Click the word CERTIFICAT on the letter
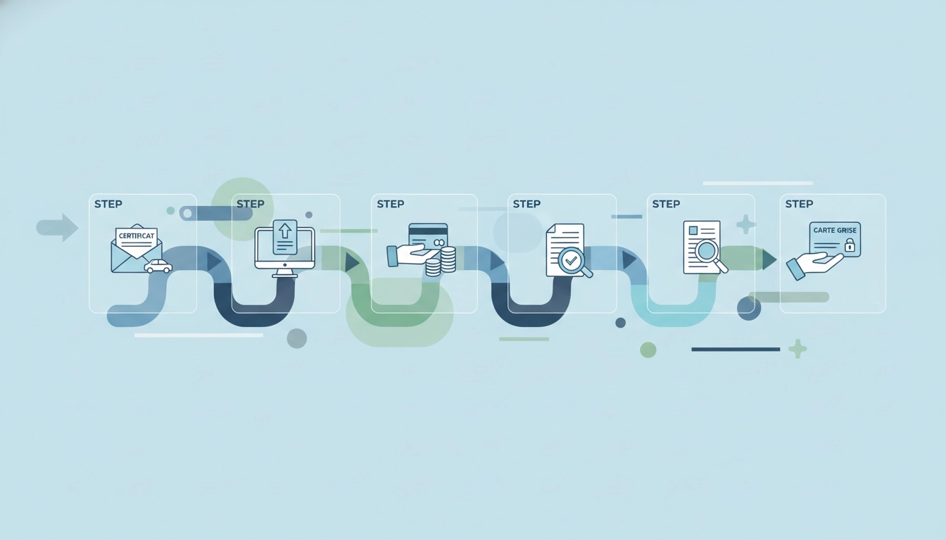tap(137, 236)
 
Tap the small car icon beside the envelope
tap(158, 266)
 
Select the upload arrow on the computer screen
tap(286, 231)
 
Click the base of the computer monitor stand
tap(284, 276)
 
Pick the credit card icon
tap(428, 237)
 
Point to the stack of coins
tap(441, 262)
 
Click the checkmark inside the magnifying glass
tap(571, 260)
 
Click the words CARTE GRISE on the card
tap(835, 231)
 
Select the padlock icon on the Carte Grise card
tap(850, 245)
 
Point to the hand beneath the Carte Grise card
tap(814, 266)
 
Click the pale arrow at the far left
tap(58, 228)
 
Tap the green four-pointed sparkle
tap(797, 349)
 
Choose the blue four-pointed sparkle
tap(746, 224)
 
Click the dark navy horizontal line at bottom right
tap(736, 349)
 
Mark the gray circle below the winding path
tap(297, 338)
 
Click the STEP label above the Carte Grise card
tap(799, 204)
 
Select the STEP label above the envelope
tap(108, 204)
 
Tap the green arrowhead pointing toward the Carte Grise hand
tap(769, 259)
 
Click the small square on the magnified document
tap(693, 231)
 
